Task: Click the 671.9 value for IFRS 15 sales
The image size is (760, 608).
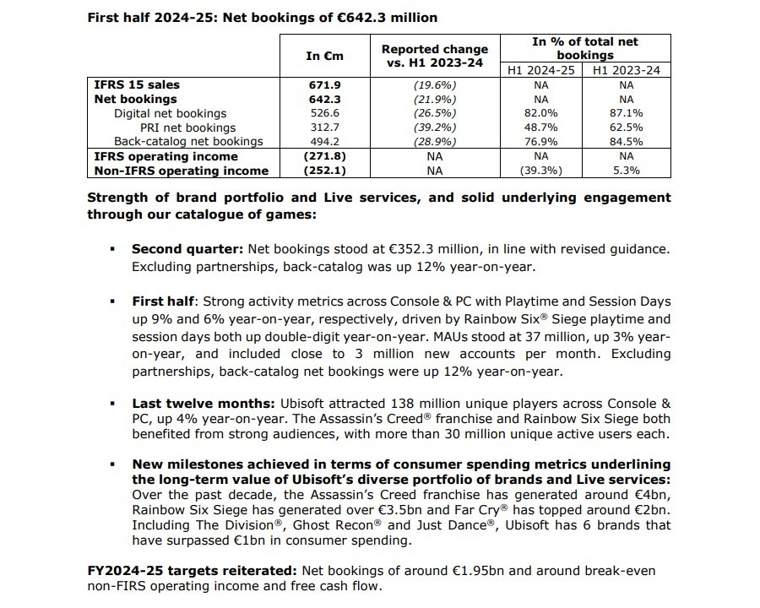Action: pos(324,84)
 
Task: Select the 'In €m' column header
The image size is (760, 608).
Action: pos(324,56)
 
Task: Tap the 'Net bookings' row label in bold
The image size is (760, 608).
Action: pos(135,99)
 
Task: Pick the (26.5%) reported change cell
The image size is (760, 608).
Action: pos(435,113)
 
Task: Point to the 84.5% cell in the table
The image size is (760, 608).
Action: pos(626,142)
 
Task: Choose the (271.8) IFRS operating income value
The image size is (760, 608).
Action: pos(324,156)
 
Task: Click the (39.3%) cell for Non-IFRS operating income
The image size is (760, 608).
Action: pos(541,171)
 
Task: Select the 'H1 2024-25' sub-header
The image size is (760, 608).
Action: pos(541,70)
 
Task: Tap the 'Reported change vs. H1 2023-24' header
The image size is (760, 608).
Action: pos(435,56)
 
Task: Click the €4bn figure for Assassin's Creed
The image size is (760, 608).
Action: pos(638,494)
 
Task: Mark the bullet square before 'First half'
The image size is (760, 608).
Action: pos(112,301)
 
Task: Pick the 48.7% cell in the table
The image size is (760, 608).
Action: pos(541,128)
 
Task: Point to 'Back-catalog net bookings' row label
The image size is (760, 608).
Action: pos(188,142)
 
